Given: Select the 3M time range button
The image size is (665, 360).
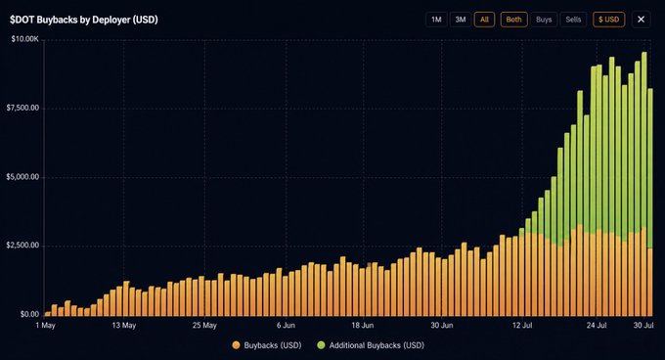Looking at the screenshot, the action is tap(461, 20).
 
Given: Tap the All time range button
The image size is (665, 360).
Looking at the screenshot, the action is tap(484, 20).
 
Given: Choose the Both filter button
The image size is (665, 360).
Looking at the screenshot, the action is tap(514, 20).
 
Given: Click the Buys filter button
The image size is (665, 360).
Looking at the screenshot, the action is tap(544, 20).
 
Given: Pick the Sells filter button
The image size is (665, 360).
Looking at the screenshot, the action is tap(573, 20).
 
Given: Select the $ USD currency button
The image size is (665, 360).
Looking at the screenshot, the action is tap(608, 20).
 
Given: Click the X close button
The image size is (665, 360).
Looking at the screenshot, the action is tap(641, 20).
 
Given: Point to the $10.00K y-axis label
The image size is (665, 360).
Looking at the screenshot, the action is tap(25, 39).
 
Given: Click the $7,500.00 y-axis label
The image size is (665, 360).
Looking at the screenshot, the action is tap(22, 108).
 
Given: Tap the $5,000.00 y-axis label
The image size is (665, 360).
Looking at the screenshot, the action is tap(22, 177).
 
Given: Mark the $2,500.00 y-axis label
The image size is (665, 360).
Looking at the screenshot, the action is tap(22, 246).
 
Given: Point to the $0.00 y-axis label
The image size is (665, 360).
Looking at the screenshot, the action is tap(29, 314).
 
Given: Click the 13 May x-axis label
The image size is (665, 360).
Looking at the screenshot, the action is tap(124, 326).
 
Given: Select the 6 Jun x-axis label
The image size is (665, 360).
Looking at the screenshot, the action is tap(286, 326).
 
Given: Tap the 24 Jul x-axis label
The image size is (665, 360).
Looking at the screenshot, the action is tap(597, 326).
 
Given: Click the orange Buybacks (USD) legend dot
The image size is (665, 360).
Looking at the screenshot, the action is tap(237, 345).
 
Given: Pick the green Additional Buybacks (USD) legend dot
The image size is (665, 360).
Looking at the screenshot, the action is tap(321, 345).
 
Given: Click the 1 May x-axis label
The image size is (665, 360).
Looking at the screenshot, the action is tap(45, 326).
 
